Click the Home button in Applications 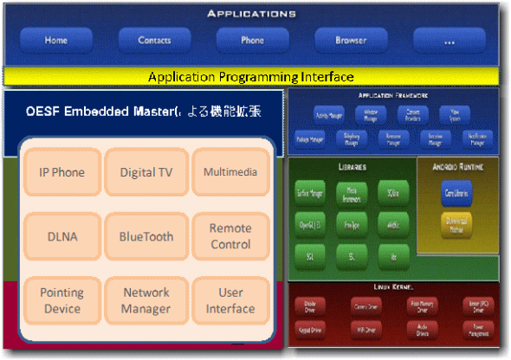pyautogui.click(x=56, y=40)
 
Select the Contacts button pyautogui.click(x=154, y=40)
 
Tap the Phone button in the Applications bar pyautogui.click(x=252, y=40)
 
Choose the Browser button pyautogui.click(x=351, y=40)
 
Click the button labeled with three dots pyautogui.click(x=449, y=40)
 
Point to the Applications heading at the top pyautogui.click(x=251, y=14)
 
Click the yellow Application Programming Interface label pyautogui.click(x=250, y=77)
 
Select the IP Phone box pyautogui.click(x=61, y=172)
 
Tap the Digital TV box pyautogui.click(x=146, y=172)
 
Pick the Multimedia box pyautogui.click(x=230, y=172)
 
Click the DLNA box pyautogui.click(x=61, y=236)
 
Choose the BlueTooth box pyautogui.click(x=146, y=236)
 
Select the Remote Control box pyautogui.click(x=230, y=236)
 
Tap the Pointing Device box pyautogui.click(x=61, y=300)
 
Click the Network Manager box pyautogui.click(x=146, y=300)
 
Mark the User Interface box pyautogui.click(x=230, y=300)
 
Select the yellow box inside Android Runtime pyautogui.click(x=456, y=225)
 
